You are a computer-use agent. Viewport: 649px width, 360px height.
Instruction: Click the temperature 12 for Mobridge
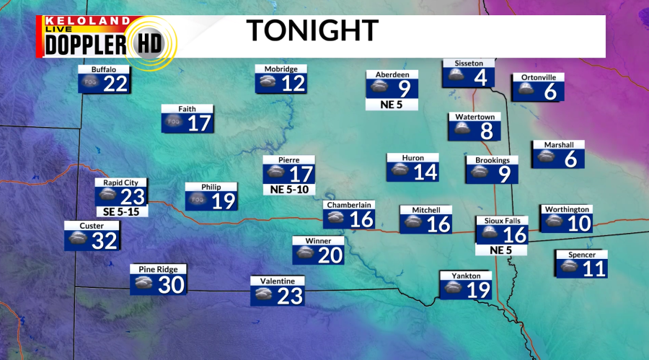coord(293,84)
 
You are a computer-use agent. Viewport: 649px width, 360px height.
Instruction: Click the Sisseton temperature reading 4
coord(480,77)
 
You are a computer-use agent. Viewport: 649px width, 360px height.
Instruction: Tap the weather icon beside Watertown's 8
coord(460,131)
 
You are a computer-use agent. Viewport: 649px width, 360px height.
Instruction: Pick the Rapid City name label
coord(120,183)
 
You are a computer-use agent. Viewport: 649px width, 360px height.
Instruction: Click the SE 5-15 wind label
coord(121,212)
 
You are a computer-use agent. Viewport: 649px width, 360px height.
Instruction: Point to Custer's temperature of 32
coord(105,241)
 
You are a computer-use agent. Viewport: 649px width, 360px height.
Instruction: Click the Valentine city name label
coord(278,281)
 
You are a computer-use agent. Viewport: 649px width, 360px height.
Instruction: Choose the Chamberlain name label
coord(349,205)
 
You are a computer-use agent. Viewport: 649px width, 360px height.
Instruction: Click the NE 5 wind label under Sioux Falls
coord(501,250)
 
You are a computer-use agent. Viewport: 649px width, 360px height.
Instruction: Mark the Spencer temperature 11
coord(593,268)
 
